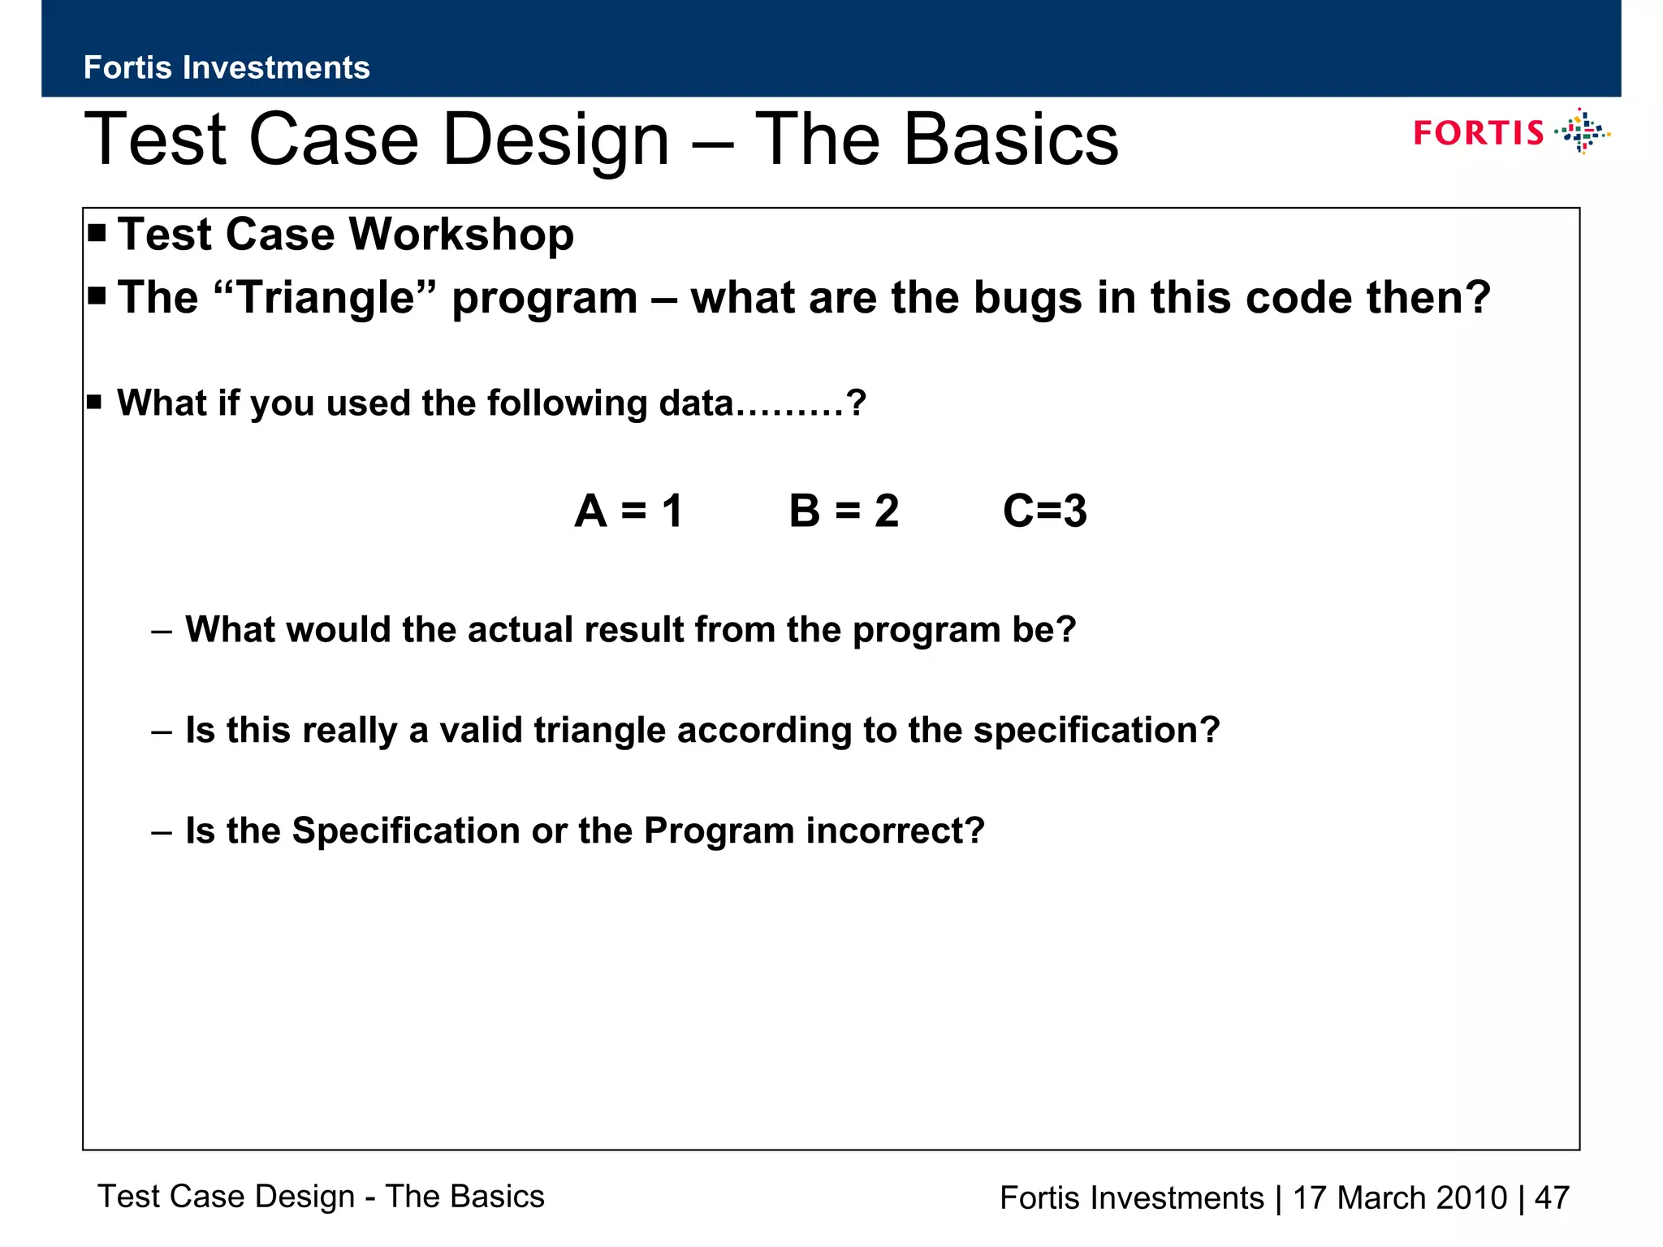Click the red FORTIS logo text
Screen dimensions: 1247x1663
[1478, 133]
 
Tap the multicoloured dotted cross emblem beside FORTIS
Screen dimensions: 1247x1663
[1582, 132]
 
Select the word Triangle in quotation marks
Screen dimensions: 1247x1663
[326, 297]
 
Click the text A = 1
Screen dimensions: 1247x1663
[628, 511]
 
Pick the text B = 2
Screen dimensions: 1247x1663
[844, 511]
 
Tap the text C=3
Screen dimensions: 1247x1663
[1044, 511]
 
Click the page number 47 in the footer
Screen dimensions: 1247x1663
[1552, 1197]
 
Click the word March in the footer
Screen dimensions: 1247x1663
[1380, 1197]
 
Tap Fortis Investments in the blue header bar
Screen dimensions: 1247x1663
[227, 67]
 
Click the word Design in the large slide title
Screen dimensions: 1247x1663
[556, 140]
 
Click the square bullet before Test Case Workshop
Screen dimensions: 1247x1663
[97, 234]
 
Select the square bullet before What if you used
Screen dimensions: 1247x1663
[94, 402]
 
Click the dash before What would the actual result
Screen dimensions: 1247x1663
[162, 631]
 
